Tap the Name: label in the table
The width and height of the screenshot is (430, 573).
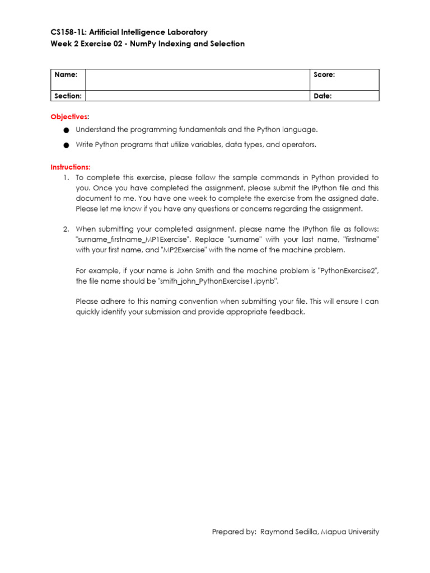[62, 75]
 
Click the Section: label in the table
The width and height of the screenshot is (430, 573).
[68, 96]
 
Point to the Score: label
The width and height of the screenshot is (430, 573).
[324, 75]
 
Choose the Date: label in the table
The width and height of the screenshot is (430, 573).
[322, 96]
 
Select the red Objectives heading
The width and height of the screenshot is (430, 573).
[69, 116]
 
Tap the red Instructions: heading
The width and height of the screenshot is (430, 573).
[71, 167]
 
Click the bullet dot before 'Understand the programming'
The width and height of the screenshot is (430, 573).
[66, 130]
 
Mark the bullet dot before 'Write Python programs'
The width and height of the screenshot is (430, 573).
[66, 145]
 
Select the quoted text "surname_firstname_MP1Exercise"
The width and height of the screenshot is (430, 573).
[133, 239]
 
